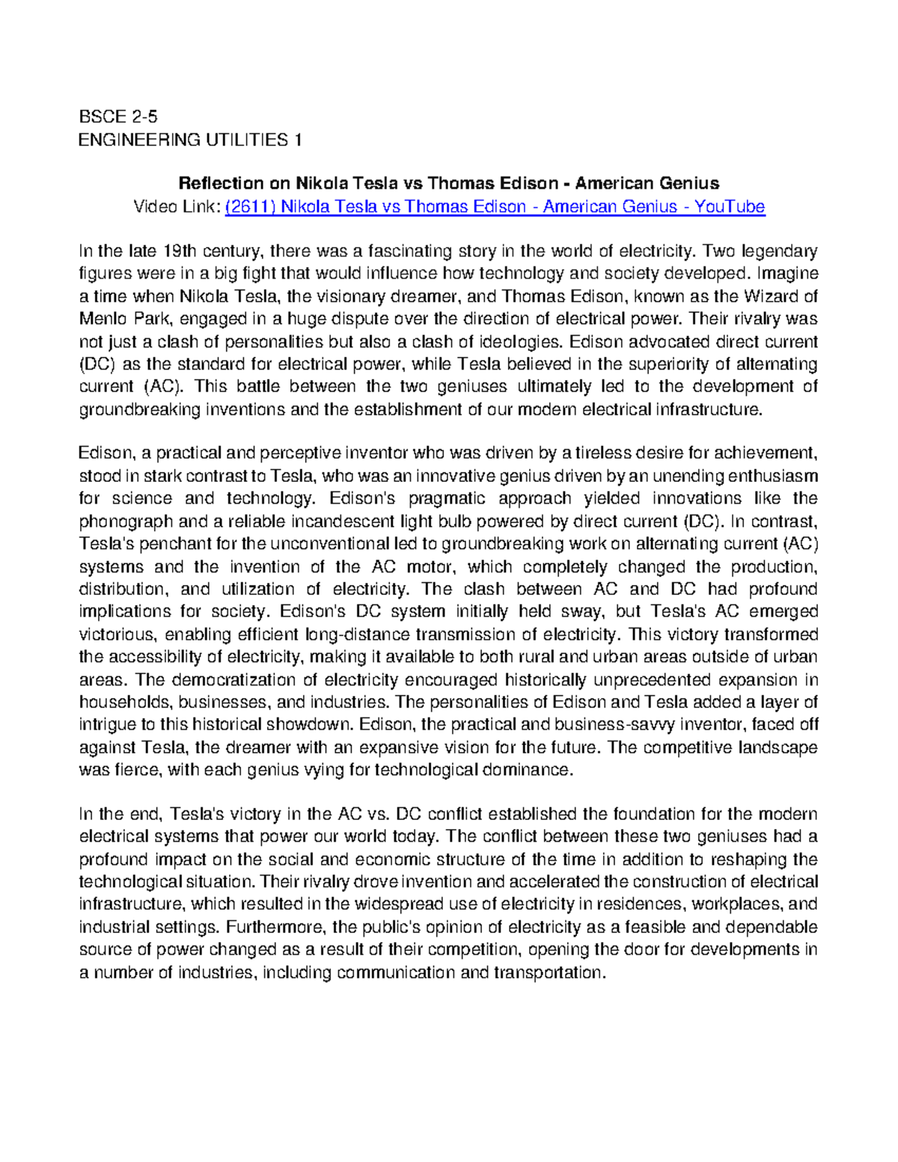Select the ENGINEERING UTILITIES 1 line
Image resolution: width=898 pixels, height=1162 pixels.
[190, 140]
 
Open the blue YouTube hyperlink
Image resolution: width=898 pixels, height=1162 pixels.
[494, 207]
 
